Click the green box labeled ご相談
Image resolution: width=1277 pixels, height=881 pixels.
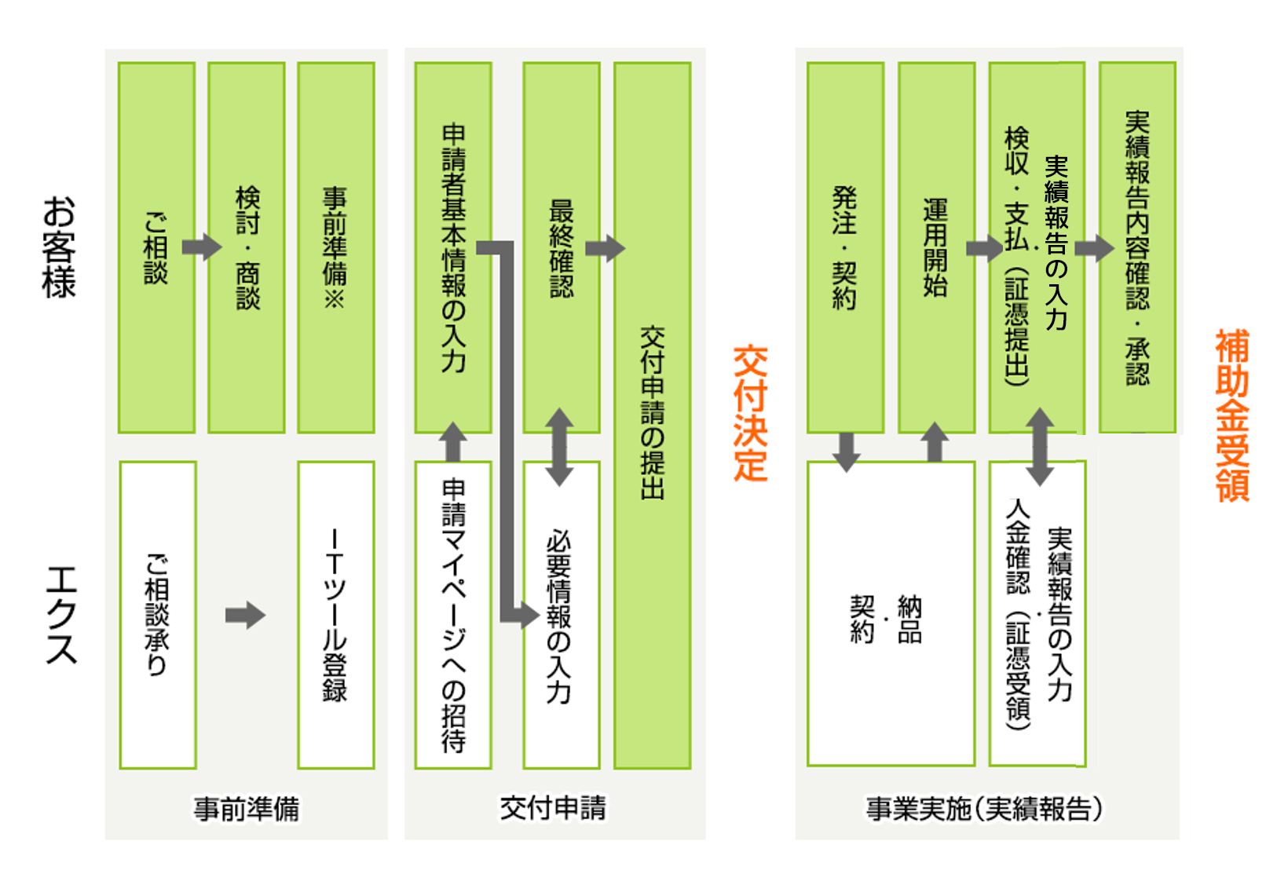(156, 247)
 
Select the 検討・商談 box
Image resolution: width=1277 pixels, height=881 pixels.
(247, 247)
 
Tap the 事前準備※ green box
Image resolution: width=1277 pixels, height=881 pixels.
(335, 247)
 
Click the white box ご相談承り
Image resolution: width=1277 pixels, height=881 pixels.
(157, 615)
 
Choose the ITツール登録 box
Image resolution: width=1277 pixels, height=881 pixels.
(335, 615)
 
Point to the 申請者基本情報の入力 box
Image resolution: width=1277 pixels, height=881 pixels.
(453, 247)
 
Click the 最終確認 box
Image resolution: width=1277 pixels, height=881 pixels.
(561, 247)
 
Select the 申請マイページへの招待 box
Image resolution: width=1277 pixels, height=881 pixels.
(453, 615)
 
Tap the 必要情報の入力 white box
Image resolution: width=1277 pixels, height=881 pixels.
(561, 615)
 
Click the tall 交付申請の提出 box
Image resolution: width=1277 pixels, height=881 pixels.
(652, 415)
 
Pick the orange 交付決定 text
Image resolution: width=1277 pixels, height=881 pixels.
(750, 413)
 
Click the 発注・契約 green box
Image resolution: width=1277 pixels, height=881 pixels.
(845, 247)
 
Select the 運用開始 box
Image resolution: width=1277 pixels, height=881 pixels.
(936, 247)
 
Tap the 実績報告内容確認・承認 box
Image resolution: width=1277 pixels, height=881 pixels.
(1136, 247)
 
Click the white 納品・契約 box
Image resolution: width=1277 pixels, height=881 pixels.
(891, 615)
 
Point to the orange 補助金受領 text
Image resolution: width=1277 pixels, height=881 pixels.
(1232, 415)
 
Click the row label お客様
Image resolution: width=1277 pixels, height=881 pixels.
(60, 247)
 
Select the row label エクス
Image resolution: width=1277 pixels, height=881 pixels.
(61, 615)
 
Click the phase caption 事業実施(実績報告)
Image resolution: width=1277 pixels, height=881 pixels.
(985, 808)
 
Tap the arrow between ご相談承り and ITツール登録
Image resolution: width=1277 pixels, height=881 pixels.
(246, 616)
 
